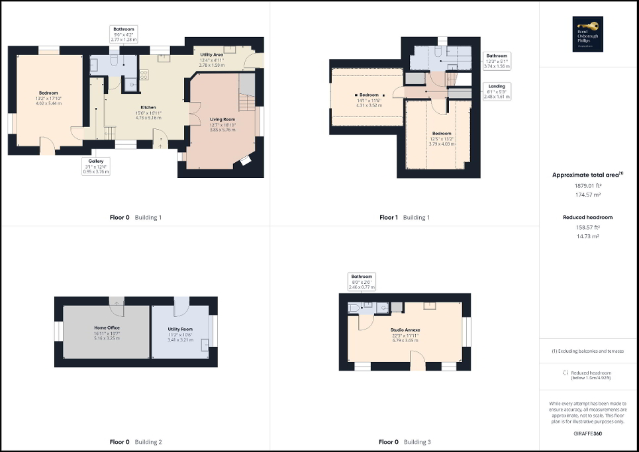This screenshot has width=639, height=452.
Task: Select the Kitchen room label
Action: (148, 107)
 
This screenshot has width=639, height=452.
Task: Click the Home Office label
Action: (105, 327)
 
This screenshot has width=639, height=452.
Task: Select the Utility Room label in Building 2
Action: (179, 329)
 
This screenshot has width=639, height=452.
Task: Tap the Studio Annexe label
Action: (407, 330)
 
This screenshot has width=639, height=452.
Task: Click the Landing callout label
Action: (497, 86)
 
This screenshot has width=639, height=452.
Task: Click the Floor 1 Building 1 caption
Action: (404, 217)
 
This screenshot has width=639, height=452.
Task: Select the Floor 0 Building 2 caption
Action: (135, 442)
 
